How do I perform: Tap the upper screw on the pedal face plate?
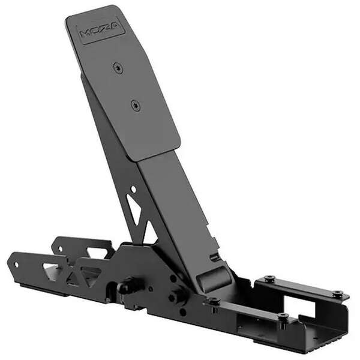pos(118,68)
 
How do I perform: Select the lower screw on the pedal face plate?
pos(136,106)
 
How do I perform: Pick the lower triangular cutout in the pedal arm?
pos(149,233)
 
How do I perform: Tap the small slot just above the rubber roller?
pos(214,257)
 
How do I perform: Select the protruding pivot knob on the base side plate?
pos(128,286)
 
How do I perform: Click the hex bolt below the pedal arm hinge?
pos(178,296)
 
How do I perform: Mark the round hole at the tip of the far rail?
pos(58,245)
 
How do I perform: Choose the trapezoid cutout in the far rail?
pos(96,253)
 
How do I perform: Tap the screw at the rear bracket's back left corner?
pos(269,279)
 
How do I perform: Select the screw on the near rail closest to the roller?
pos(213,302)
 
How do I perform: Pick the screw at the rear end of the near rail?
pos(283,316)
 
